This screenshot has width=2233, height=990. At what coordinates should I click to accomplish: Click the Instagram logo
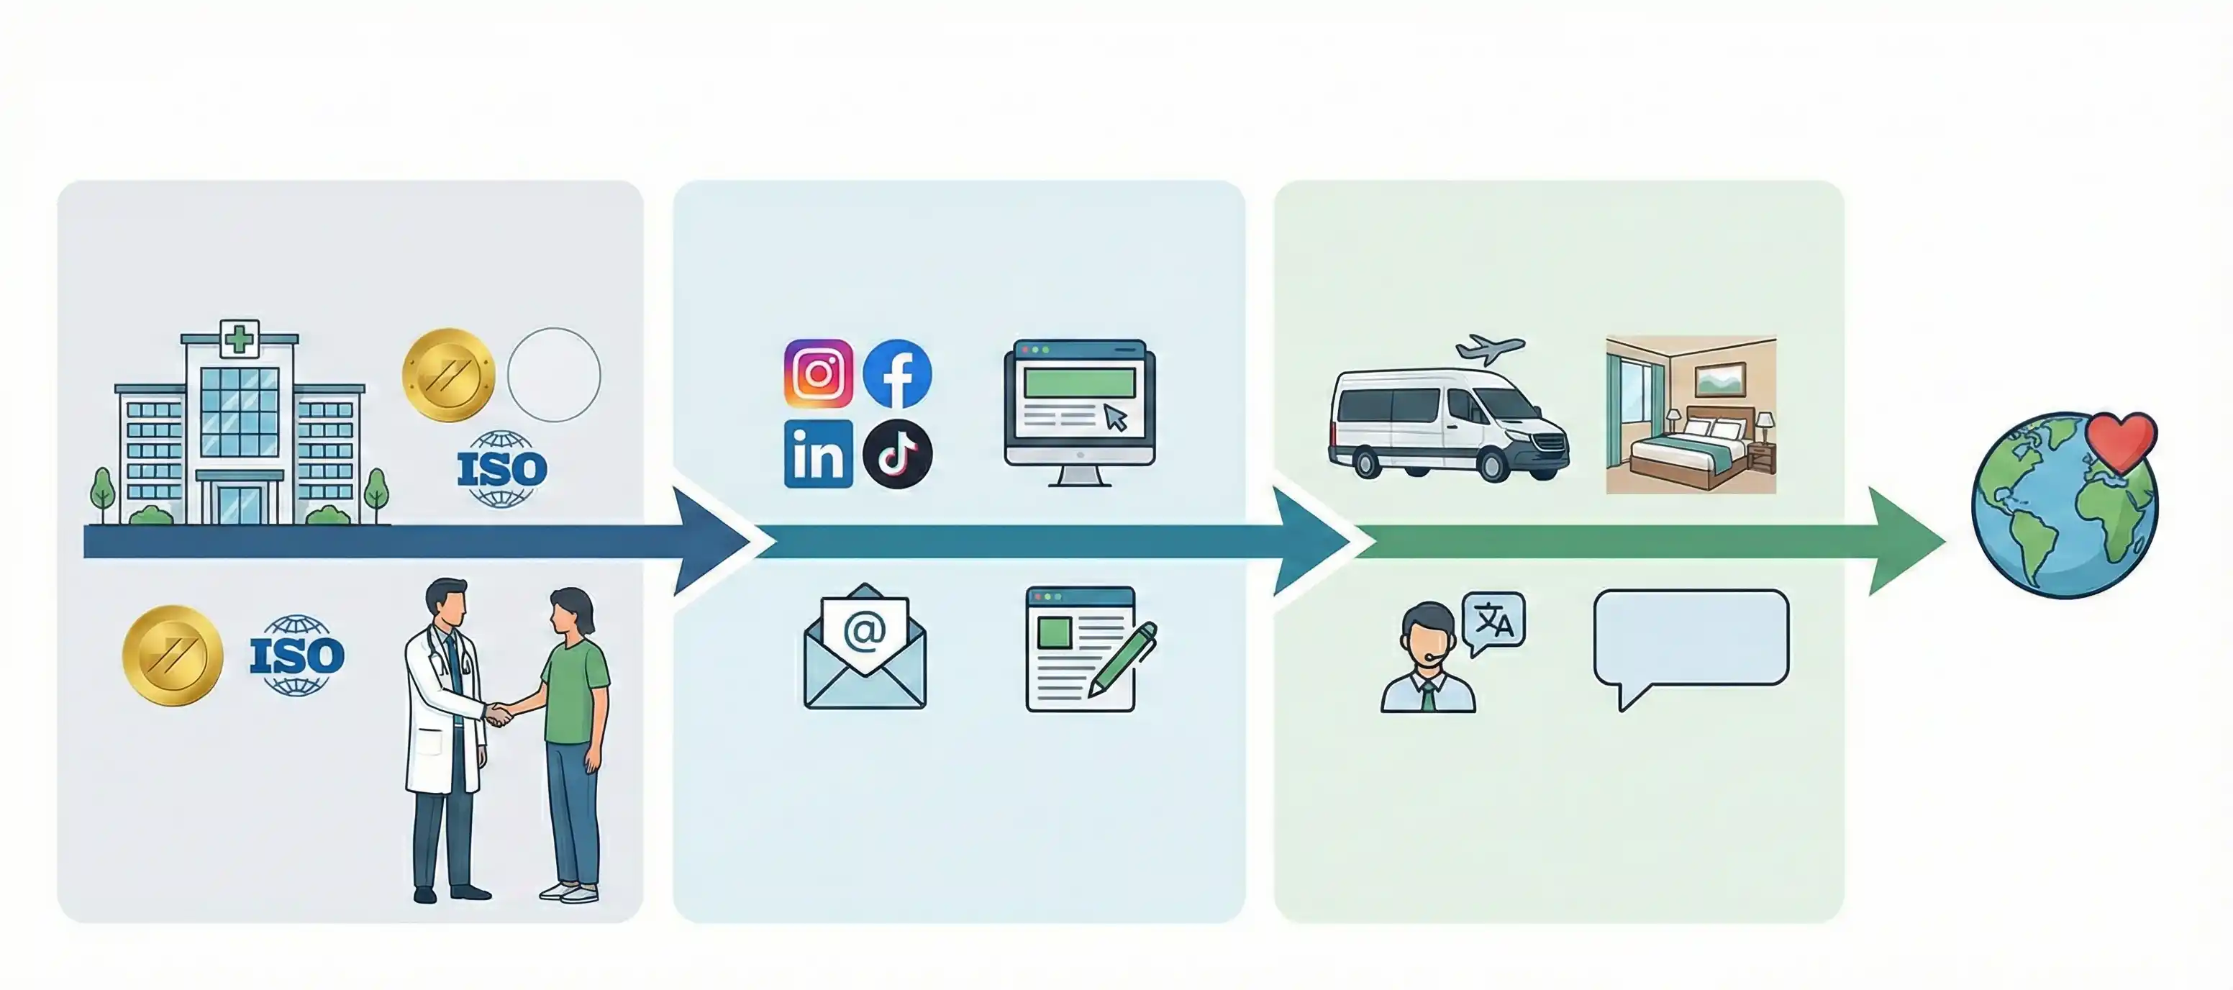coord(817,373)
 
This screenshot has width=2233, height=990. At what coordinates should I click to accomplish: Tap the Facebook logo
coord(897,373)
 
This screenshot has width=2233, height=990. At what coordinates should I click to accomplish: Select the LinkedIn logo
coord(817,454)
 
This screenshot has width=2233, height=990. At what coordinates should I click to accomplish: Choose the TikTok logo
coord(897,454)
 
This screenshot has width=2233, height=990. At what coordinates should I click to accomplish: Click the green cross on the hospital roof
coord(240,337)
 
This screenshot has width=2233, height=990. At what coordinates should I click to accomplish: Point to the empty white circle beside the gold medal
coord(554,375)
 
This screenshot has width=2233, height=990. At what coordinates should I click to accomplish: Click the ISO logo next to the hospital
coord(502,469)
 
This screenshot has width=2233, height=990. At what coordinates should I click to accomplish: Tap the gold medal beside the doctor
coord(173,655)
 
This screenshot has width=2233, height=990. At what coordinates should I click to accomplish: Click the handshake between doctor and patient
coord(499,714)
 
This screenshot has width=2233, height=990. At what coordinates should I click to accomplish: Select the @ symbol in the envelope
coord(864,631)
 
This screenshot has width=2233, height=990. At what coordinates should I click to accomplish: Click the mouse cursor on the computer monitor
coord(1116,418)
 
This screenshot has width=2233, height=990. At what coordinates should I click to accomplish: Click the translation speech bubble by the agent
coord(1493,622)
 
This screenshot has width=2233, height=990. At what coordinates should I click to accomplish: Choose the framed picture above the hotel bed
coord(1720,379)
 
